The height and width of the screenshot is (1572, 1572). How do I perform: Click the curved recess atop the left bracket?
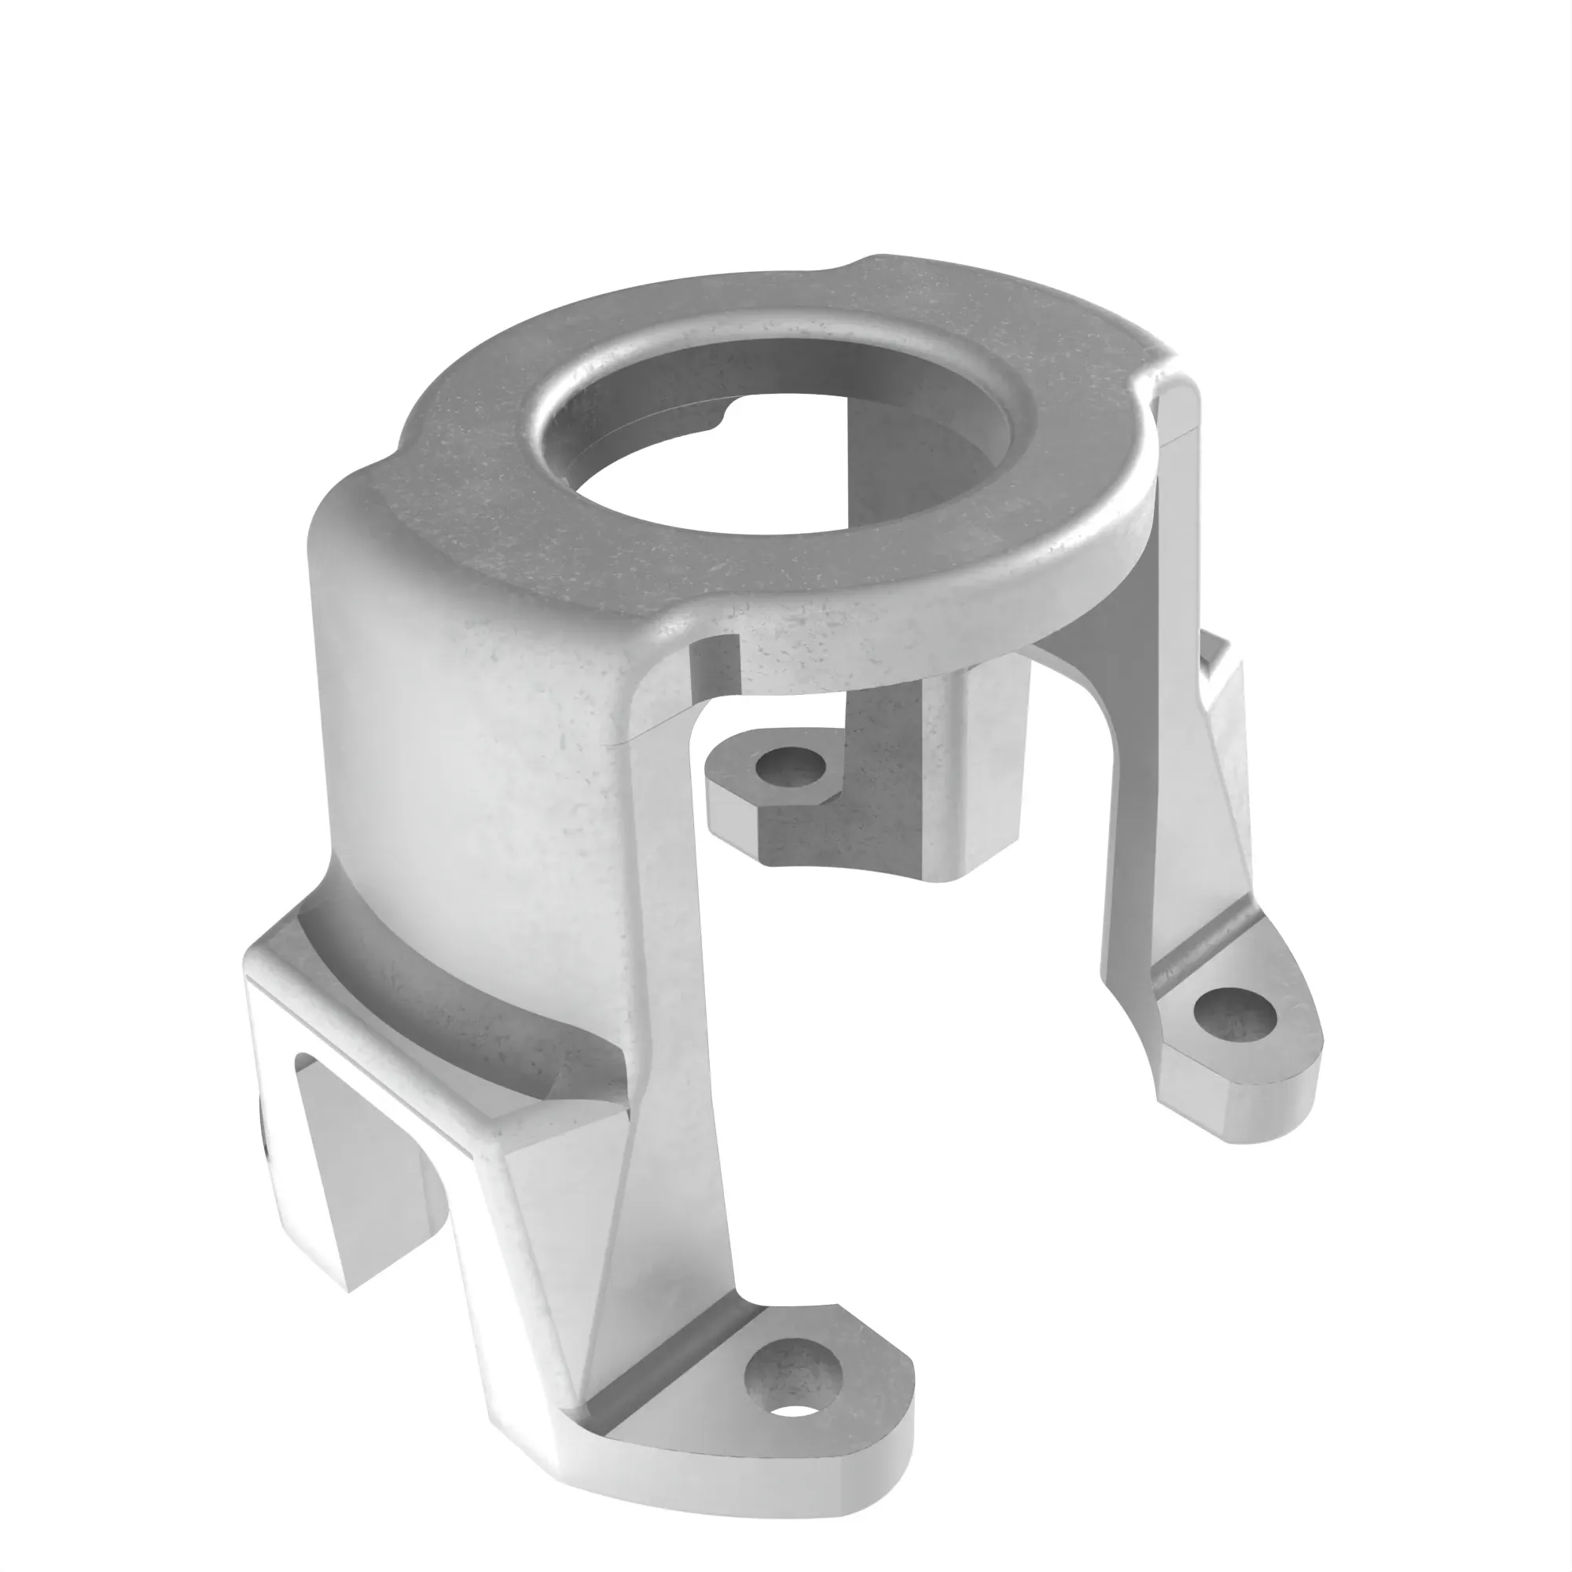tap(456, 1001)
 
